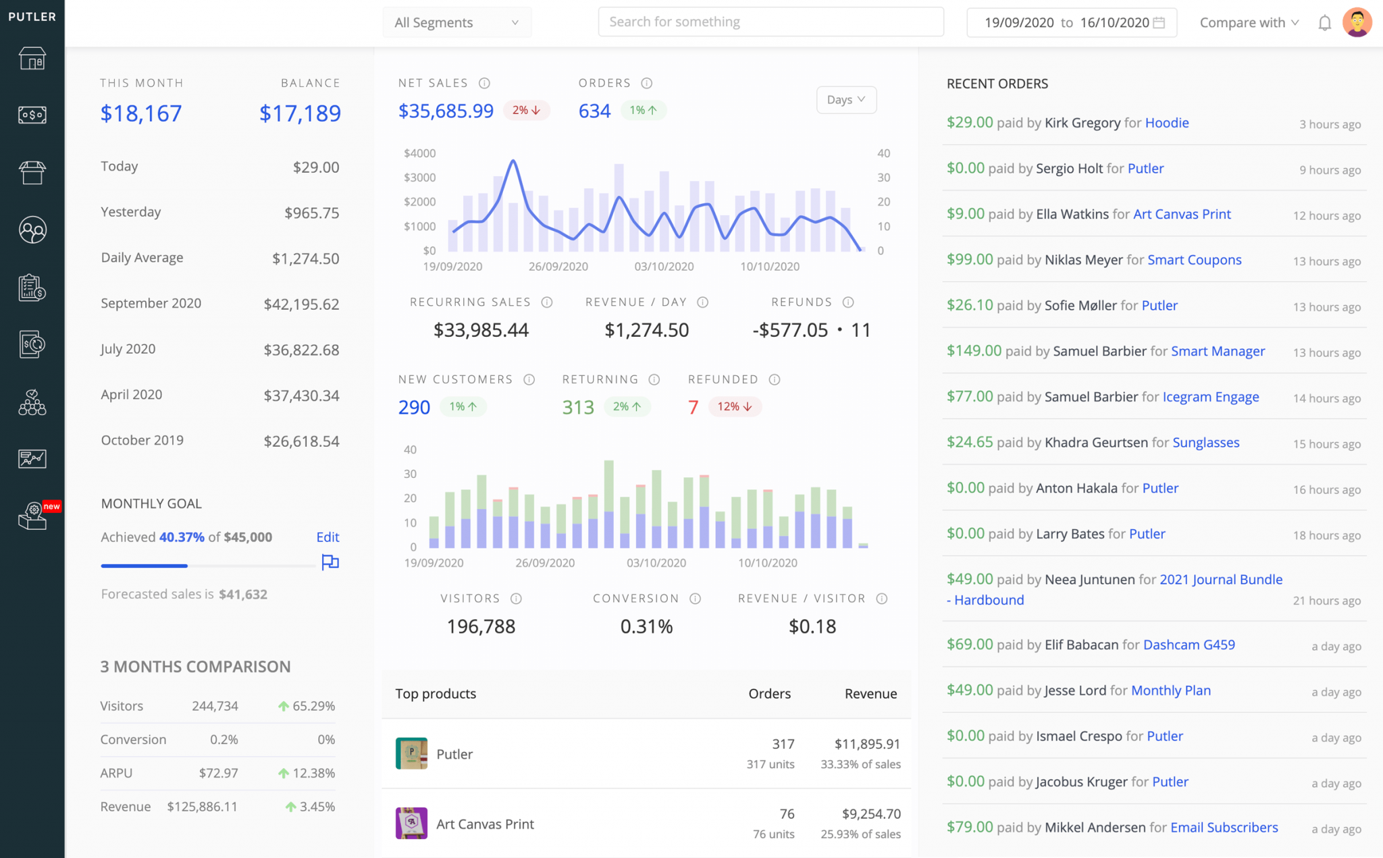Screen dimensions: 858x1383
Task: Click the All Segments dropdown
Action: pos(456,22)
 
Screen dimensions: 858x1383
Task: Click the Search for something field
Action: pos(770,22)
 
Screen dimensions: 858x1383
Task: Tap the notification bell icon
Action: pos(1324,23)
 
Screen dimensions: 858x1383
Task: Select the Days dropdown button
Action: pos(845,100)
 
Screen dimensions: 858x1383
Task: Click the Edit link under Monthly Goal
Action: pos(328,537)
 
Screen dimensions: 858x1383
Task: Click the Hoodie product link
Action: pos(1166,123)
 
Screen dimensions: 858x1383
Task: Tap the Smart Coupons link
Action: pos(1194,260)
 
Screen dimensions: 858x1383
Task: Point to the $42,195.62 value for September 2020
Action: pos(301,304)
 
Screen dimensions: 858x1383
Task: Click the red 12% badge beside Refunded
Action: pos(734,406)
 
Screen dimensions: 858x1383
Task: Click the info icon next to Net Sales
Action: pos(484,83)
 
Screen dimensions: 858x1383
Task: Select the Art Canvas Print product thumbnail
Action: pos(411,823)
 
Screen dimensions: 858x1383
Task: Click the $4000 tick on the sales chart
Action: pos(419,153)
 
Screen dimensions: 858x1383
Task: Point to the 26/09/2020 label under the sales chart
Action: pos(558,267)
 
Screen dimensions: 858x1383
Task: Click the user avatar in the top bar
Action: pos(1357,22)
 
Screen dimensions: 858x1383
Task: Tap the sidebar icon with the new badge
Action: pos(32,516)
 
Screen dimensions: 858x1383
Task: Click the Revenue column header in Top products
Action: pos(870,693)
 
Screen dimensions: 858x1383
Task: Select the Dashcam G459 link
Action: pos(1189,645)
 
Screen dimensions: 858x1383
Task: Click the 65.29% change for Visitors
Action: pos(307,706)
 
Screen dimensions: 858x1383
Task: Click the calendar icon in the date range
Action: pos(1159,22)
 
